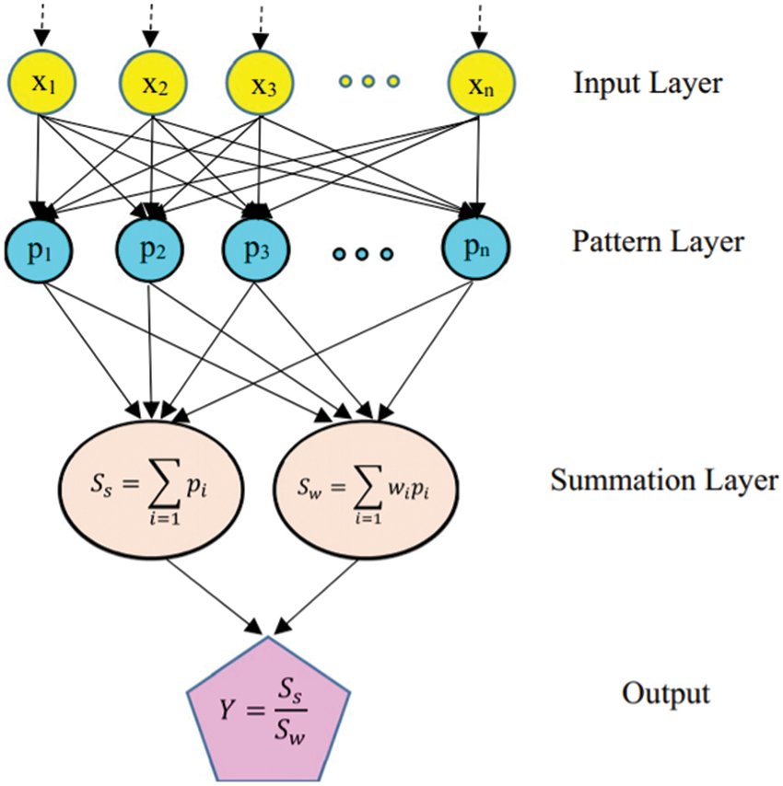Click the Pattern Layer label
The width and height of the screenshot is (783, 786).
(x=657, y=242)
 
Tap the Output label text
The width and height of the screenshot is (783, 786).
(x=666, y=692)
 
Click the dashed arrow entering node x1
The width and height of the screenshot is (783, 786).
(x=40, y=22)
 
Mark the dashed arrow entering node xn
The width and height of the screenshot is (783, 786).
(x=477, y=22)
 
